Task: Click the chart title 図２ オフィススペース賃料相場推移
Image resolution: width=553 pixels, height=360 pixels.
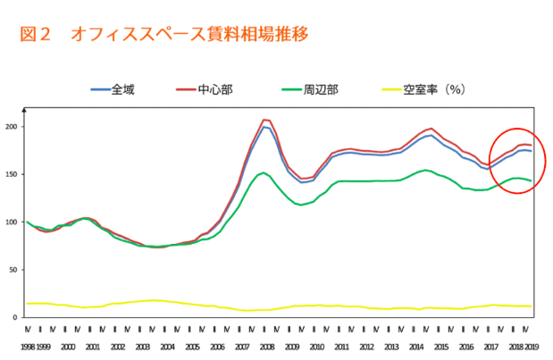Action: (164, 35)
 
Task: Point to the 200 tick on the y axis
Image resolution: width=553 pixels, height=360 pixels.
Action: (13, 127)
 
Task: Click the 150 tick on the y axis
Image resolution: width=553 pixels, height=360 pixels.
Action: (13, 174)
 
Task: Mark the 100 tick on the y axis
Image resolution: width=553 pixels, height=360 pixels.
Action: (13, 222)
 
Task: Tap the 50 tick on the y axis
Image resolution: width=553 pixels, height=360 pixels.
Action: (14, 270)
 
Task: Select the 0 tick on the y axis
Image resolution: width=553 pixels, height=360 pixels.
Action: (17, 317)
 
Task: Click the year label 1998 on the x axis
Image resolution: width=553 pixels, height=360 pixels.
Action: (28, 344)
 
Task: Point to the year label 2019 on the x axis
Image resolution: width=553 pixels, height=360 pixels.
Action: (532, 344)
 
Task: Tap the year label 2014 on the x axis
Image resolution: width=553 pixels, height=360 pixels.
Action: (416, 344)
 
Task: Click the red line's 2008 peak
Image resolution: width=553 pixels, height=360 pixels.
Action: (264, 120)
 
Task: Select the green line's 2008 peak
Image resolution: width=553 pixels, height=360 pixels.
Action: (263, 172)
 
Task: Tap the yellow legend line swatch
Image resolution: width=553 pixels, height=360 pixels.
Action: (390, 89)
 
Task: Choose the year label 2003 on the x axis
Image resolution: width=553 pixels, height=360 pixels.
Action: (141, 344)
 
